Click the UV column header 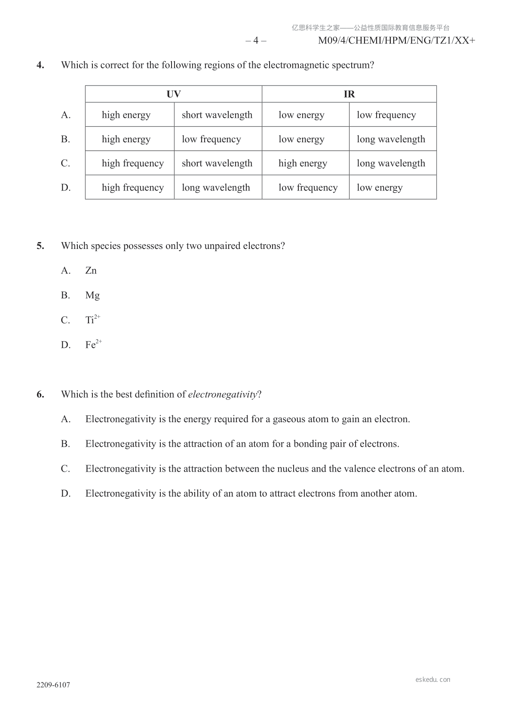[174, 94]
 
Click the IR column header [349, 94]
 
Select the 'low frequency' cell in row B [211, 139]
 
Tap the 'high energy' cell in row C [303, 163]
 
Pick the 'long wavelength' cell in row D [216, 187]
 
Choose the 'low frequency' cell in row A [386, 115]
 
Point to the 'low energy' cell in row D [380, 187]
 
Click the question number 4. [40, 65]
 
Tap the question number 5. [40, 246]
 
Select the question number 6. [40, 394]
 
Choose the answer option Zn [91, 270]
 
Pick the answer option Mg [92, 295]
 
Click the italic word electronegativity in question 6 [222, 394]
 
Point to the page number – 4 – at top [256, 41]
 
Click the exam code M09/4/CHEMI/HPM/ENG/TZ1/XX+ [396, 41]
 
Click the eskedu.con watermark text [433, 680]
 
